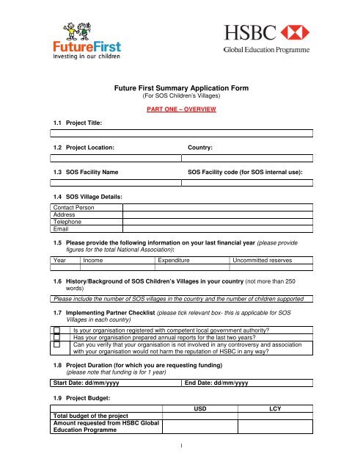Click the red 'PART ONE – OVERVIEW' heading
click(182, 109)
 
